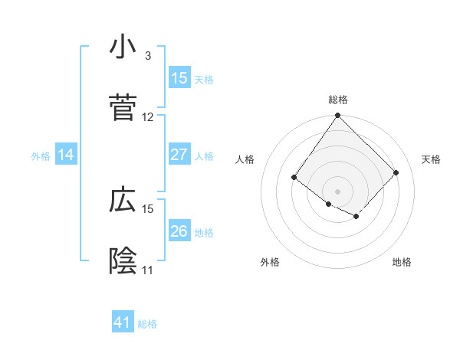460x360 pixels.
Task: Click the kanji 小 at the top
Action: pyautogui.click(x=123, y=47)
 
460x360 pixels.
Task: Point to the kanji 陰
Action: pyautogui.click(x=123, y=261)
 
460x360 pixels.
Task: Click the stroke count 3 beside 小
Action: pyautogui.click(x=147, y=56)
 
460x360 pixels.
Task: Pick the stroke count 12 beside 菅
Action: pyautogui.click(x=147, y=117)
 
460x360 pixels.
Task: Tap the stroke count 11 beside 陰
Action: pyautogui.click(x=147, y=270)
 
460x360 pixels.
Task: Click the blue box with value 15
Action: pyautogui.click(x=179, y=78)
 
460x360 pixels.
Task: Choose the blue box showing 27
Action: pyautogui.click(x=179, y=155)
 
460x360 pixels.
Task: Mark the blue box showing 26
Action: pyautogui.click(x=179, y=231)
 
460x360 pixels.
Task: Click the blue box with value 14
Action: pyautogui.click(x=66, y=155)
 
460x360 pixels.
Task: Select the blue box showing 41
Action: pyautogui.click(x=123, y=322)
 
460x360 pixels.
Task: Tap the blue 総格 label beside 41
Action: pyautogui.click(x=147, y=324)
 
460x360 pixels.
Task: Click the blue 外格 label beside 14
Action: pyautogui.click(x=41, y=156)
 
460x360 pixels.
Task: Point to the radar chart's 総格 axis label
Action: pyautogui.click(x=337, y=100)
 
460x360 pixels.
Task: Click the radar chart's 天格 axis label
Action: pyautogui.click(x=431, y=159)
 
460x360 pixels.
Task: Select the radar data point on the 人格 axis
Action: pyautogui.click(x=294, y=178)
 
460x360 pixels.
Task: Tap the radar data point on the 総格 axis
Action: pyautogui.click(x=337, y=116)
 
